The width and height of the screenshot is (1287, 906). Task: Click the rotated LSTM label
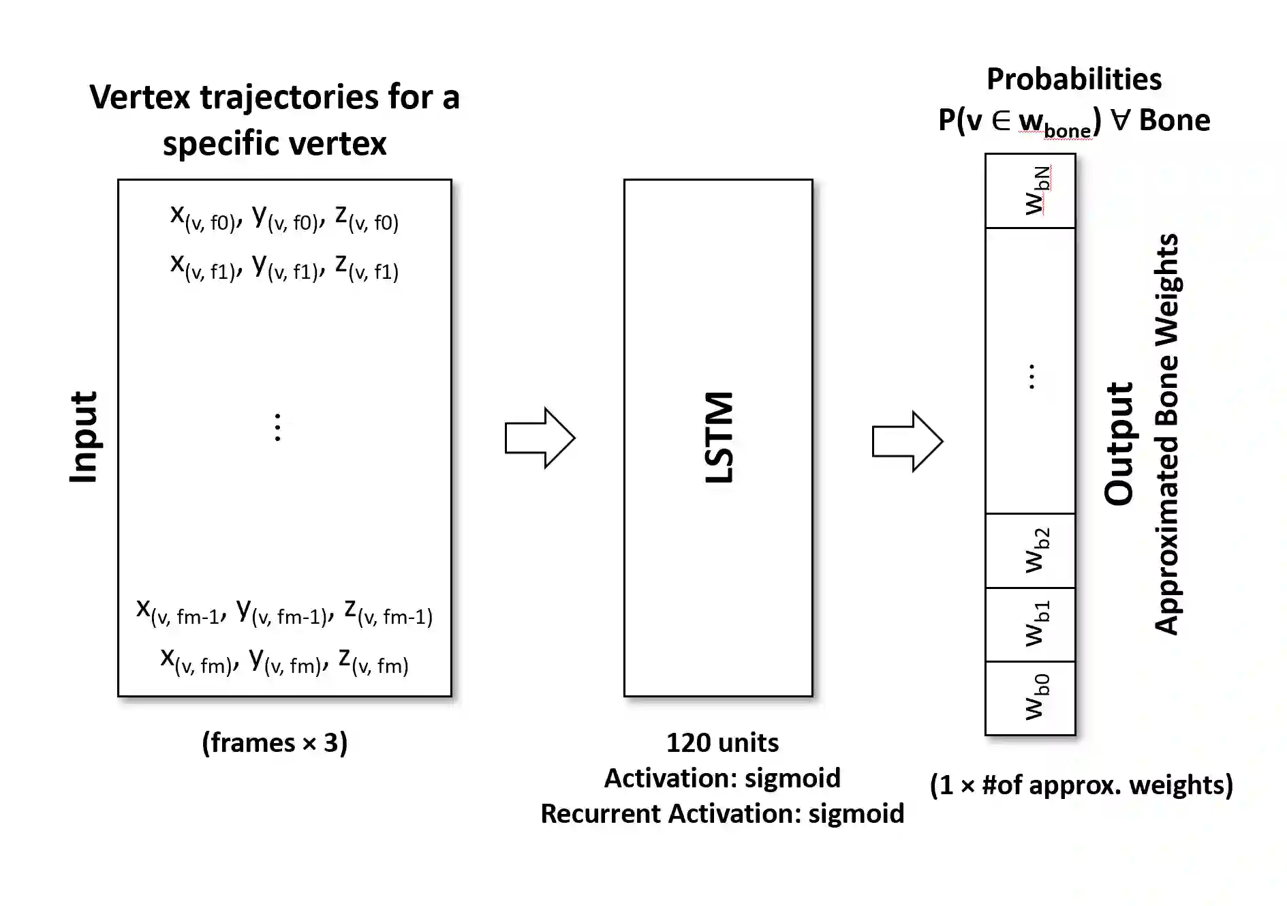click(719, 438)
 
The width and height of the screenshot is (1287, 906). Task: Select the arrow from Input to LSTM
click(540, 438)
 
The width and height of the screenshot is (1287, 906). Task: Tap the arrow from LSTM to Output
click(907, 441)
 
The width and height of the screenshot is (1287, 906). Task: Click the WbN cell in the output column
click(1030, 191)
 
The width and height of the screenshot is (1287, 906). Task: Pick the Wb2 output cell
click(1030, 551)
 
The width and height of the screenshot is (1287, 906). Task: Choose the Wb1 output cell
click(1030, 624)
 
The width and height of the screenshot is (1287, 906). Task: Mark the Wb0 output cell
click(1030, 698)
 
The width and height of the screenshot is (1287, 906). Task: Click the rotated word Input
click(84, 438)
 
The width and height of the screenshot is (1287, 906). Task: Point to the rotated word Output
click(1119, 443)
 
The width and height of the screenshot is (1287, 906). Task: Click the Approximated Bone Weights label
click(1167, 434)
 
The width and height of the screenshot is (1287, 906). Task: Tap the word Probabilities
click(1074, 80)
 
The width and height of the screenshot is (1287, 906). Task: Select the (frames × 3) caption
click(275, 742)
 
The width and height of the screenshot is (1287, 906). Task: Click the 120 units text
click(722, 742)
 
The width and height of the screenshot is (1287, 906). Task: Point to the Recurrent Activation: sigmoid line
click(722, 813)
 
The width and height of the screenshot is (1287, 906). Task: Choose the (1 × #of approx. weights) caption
click(1081, 785)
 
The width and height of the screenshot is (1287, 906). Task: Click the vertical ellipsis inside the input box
click(277, 427)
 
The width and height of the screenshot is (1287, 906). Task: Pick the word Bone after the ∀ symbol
click(1175, 120)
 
